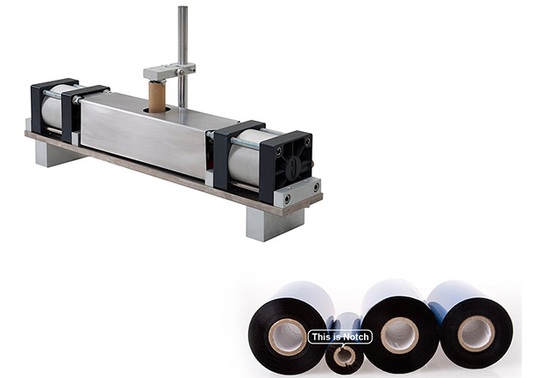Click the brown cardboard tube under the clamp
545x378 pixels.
click(x=156, y=97)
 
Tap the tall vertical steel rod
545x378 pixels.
click(x=183, y=56)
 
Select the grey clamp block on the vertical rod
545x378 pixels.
click(x=169, y=72)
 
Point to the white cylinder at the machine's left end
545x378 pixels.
click(x=51, y=106)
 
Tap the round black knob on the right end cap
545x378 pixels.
click(x=293, y=168)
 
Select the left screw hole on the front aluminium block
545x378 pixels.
click(x=288, y=199)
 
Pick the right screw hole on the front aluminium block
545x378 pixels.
click(x=316, y=188)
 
